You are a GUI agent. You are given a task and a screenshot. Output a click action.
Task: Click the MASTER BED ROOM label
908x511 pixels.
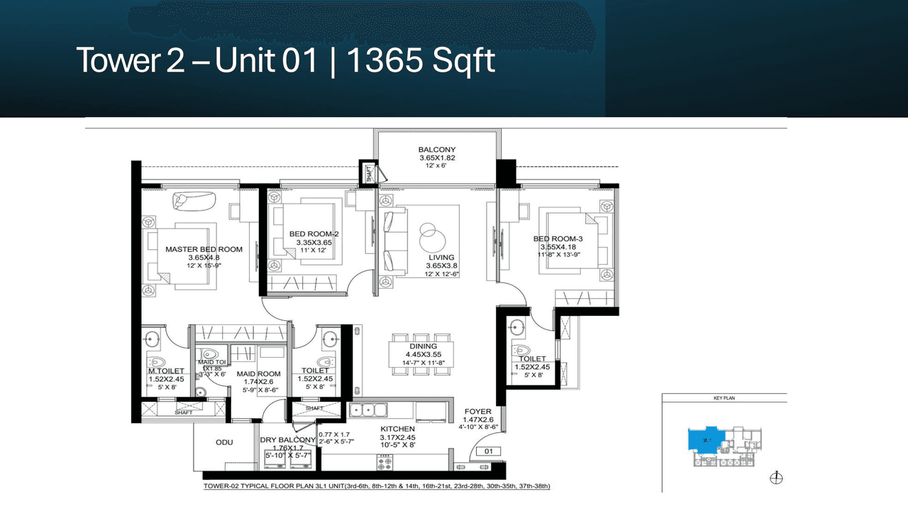[x=204, y=249]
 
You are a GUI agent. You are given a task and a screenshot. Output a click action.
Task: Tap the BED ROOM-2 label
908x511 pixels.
[x=314, y=234]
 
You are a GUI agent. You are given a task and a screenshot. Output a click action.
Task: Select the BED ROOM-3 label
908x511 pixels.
[x=558, y=238]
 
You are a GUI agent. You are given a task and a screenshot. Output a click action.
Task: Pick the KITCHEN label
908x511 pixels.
[x=397, y=429]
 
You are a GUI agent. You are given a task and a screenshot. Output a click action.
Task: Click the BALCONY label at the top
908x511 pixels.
[x=437, y=150]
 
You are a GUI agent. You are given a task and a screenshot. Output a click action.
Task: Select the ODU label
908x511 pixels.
[x=225, y=442]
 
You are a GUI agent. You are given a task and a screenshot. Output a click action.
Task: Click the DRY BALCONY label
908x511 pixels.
[x=287, y=440]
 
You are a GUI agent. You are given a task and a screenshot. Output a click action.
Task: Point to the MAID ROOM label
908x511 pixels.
[x=258, y=374]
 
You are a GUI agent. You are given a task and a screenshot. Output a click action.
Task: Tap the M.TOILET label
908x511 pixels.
[x=166, y=371]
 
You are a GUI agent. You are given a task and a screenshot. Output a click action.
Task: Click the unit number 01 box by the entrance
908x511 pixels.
[x=488, y=451]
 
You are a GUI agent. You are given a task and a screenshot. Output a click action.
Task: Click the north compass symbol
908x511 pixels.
[x=775, y=478]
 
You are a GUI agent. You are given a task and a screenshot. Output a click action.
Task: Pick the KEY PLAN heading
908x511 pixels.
[x=724, y=398]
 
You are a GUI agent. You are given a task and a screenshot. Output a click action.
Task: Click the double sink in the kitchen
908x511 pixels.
[x=372, y=410]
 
